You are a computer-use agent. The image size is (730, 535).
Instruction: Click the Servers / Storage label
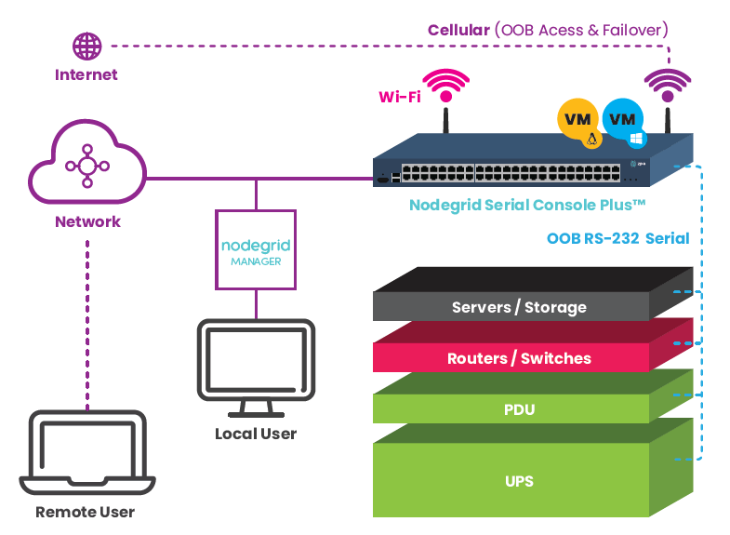[x=519, y=307]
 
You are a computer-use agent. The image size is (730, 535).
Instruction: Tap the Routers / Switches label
[x=519, y=358]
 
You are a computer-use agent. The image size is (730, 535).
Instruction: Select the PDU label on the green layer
[x=519, y=409]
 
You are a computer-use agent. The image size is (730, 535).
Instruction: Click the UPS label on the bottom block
[x=519, y=481]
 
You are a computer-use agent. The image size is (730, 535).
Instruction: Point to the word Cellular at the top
[x=458, y=31]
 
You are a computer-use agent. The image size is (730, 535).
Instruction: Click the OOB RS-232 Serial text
[x=618, y=238]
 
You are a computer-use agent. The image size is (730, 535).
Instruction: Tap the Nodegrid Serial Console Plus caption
[x=527, y=203]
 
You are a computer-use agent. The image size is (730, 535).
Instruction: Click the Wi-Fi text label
[x=397, y=96]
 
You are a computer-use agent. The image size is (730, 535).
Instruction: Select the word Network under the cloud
[x=87, y=222]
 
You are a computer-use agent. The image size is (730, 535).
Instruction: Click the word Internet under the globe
[x=86, y=74]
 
